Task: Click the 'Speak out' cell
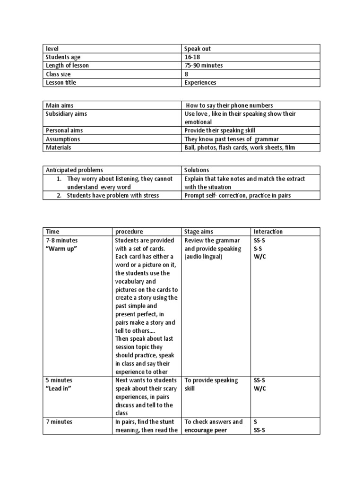tap(199, 48)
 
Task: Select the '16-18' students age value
tap(192, 57)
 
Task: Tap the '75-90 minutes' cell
tap(204, 65)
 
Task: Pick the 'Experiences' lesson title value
tap(200, 83)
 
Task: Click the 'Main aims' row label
tap(60, 105)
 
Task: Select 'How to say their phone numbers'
tap(230, 105)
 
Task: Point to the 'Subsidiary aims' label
tap(66, 114)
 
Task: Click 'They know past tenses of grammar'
tap(232, 139)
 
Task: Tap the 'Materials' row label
tap(59, 147)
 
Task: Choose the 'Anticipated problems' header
tap(74, 170)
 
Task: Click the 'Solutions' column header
tap(197, 170)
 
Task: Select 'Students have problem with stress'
tap(112, 195)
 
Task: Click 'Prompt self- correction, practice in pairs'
tap(238, 195)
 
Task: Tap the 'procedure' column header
tap(129, 232)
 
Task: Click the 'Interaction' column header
tap(268, 232)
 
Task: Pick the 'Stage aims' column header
tap(199, 232)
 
